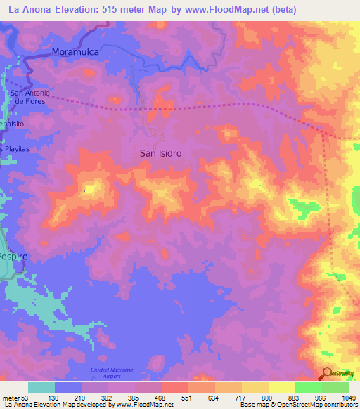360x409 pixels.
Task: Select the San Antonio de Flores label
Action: pos(30,97)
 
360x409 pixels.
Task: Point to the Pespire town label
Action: pos(13,257)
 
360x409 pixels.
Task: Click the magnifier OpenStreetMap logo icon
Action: pos(327,374)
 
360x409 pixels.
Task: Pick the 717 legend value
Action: pos(240,397)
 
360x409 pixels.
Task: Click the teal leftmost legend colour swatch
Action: pos(41,387)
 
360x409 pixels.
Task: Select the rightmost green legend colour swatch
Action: pos(335,387)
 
